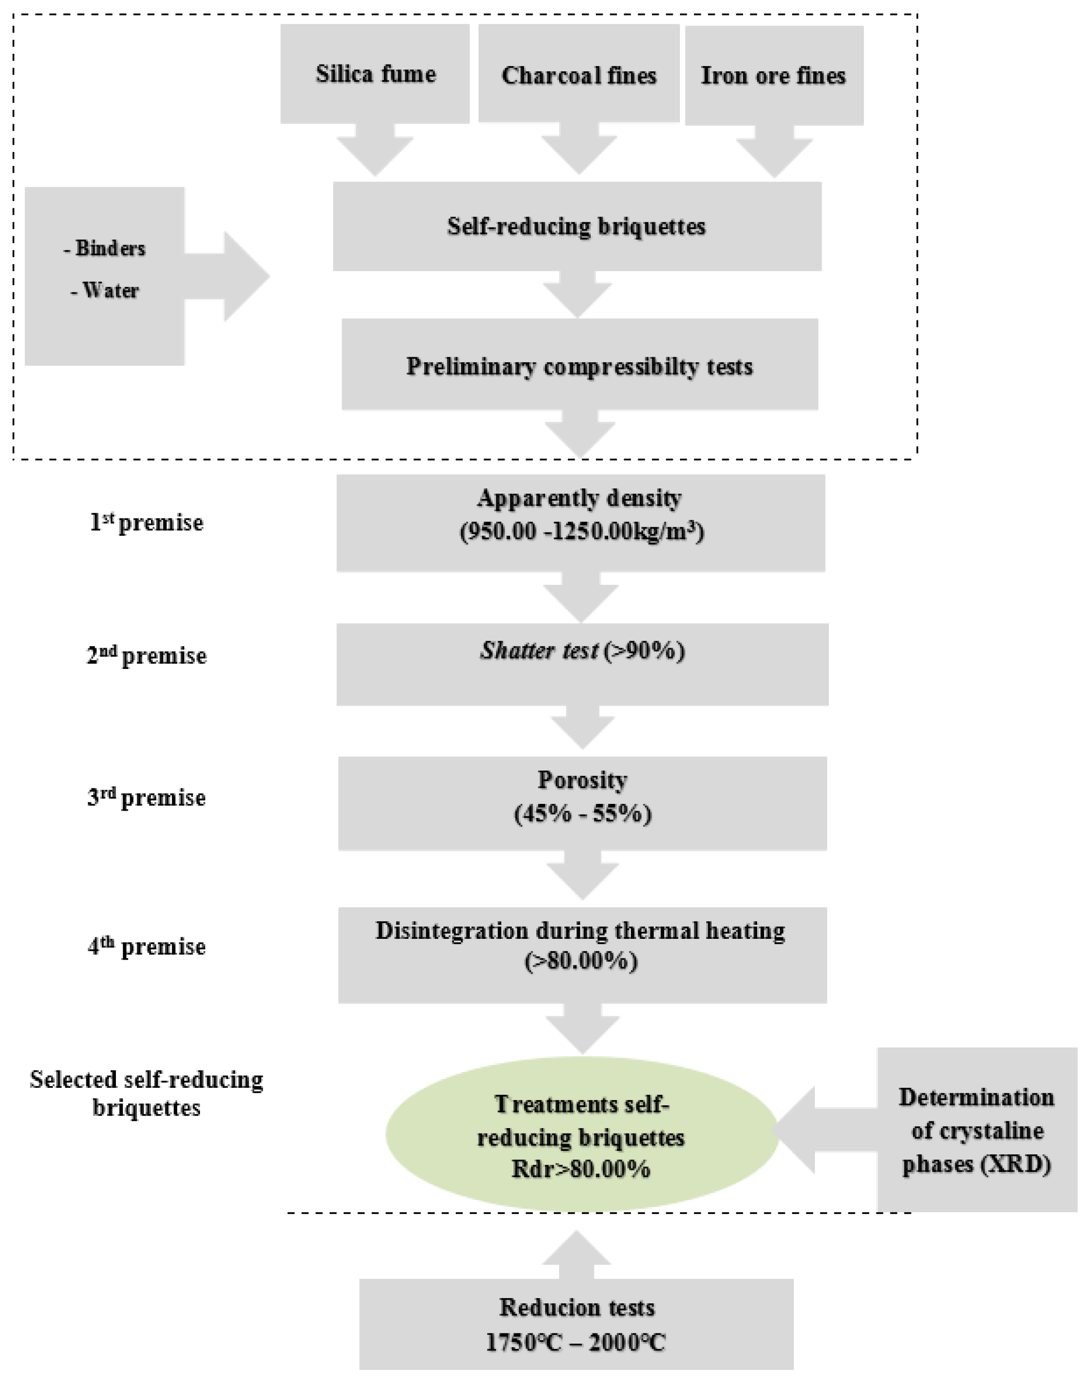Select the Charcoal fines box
click(578, 75)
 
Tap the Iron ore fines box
click(774, 75)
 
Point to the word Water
click(106, 290)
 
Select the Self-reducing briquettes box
click(576, 226)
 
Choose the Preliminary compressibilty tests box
click(579, 366)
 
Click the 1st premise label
click(147, 522)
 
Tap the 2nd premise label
click(147, 655)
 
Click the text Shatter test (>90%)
click(582, 651)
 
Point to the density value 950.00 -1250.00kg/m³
click(582, 532)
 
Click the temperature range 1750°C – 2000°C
click(576, 1342)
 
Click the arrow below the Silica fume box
click(375, 151)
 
